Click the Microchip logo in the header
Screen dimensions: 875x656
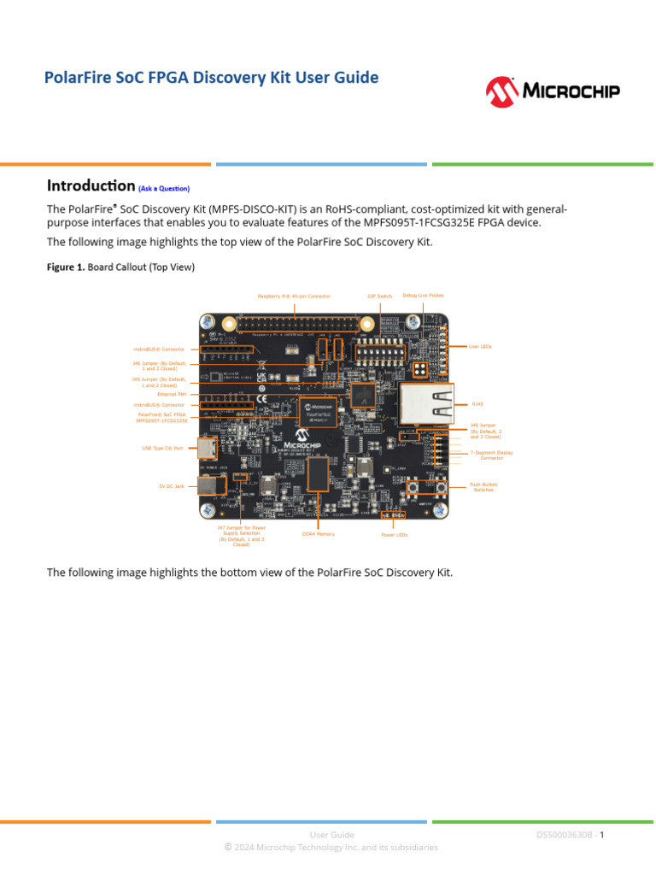tap(553, 91)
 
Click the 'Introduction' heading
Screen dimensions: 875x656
tap(91, 185)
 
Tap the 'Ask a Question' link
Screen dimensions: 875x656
tap(164, 188)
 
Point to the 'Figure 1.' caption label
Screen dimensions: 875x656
tap(66, 267)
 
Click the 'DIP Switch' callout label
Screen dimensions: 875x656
tap(380, 296)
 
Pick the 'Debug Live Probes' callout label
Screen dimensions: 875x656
tap(423, 296)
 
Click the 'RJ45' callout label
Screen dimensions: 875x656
tap(477, 404)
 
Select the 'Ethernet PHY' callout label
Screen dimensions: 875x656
tap(173, 394)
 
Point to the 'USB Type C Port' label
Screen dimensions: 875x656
tap(162, 448)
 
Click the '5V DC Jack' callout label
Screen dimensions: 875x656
tap(171, 486)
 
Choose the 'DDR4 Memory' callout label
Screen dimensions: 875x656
tap(318, 534)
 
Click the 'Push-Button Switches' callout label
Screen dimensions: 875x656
tap(483, 487)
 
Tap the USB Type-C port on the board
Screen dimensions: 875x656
tap(207, 448)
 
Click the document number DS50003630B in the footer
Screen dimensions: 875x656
tap(566, 834)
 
